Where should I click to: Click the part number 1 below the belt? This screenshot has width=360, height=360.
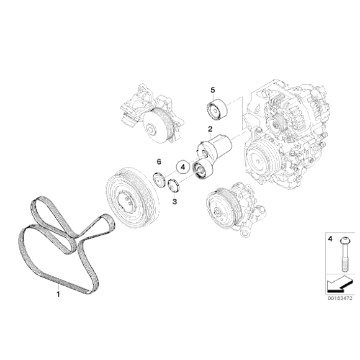(x=59, y=294)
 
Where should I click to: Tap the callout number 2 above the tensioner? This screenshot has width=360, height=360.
(x=210, y=129)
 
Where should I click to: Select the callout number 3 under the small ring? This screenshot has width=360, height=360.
(x=174, y=201)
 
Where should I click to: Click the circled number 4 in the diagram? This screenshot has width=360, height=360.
(x=182, y=167)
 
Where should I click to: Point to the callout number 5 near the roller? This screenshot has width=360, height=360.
(x=212, y=91)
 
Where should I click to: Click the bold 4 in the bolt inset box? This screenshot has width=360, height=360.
(x=330, y=238)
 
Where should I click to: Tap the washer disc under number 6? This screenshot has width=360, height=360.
(x=159, y=181)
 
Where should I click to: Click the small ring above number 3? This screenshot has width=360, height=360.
(x=174, y=185)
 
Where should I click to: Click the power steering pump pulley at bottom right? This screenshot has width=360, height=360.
(x=219, y=209)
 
